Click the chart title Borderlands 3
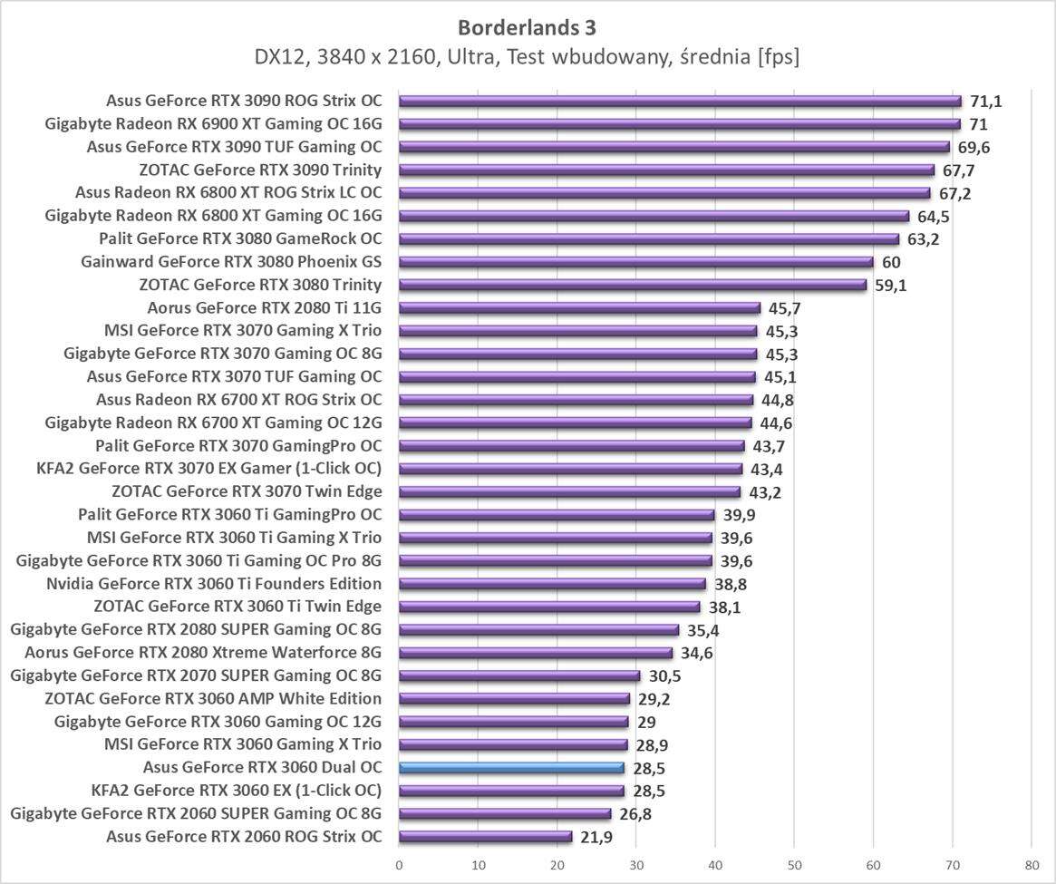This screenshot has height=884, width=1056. pyautogui.click(x=527, y=26)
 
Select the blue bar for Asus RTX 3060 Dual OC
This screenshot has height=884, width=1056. pyautogui.click(x=511, y=768)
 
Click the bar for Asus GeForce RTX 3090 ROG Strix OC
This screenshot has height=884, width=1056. pyautogui.click(x=680, y=101)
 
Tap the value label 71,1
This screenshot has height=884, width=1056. pyautogui.click(x=985, y=101)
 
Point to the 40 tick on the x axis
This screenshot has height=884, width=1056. pyautogui.click(x=715, y=864)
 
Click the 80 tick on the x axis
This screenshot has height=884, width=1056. pyautogui.click(x=1031, y=864)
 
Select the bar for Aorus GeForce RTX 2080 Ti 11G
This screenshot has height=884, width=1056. pyautogui.click(x=579, y=307)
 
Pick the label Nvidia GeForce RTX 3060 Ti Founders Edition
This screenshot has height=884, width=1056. pyautogui.click(x=214, y=584)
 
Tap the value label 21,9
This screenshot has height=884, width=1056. pyautogui.click(x=596, y=837)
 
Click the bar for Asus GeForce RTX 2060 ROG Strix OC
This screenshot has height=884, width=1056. pyautogui.click(x=486, y=837)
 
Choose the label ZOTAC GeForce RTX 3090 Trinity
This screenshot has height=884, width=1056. pyautogui.click(x=260, y=170)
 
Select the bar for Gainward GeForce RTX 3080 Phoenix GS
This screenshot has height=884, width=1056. pyautogui.click(x=635, y=262)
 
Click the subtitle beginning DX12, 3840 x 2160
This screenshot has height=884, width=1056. pyautogui.click(x=527, y=57)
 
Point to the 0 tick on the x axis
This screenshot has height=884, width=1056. pyautogui.click(x=399, y=864)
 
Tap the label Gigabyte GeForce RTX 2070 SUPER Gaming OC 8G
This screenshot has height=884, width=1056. pyautogui.click(x=196, y=675)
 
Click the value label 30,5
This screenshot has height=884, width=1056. pyautogui.click(x=664, y=675)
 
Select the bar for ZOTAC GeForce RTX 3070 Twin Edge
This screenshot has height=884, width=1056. pyautogui.click(x=569, y=492)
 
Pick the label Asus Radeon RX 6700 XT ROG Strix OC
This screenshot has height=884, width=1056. pyautogui.click(x=238, y=400)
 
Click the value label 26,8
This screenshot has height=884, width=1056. pyautogui.click(x=635, y=814)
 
